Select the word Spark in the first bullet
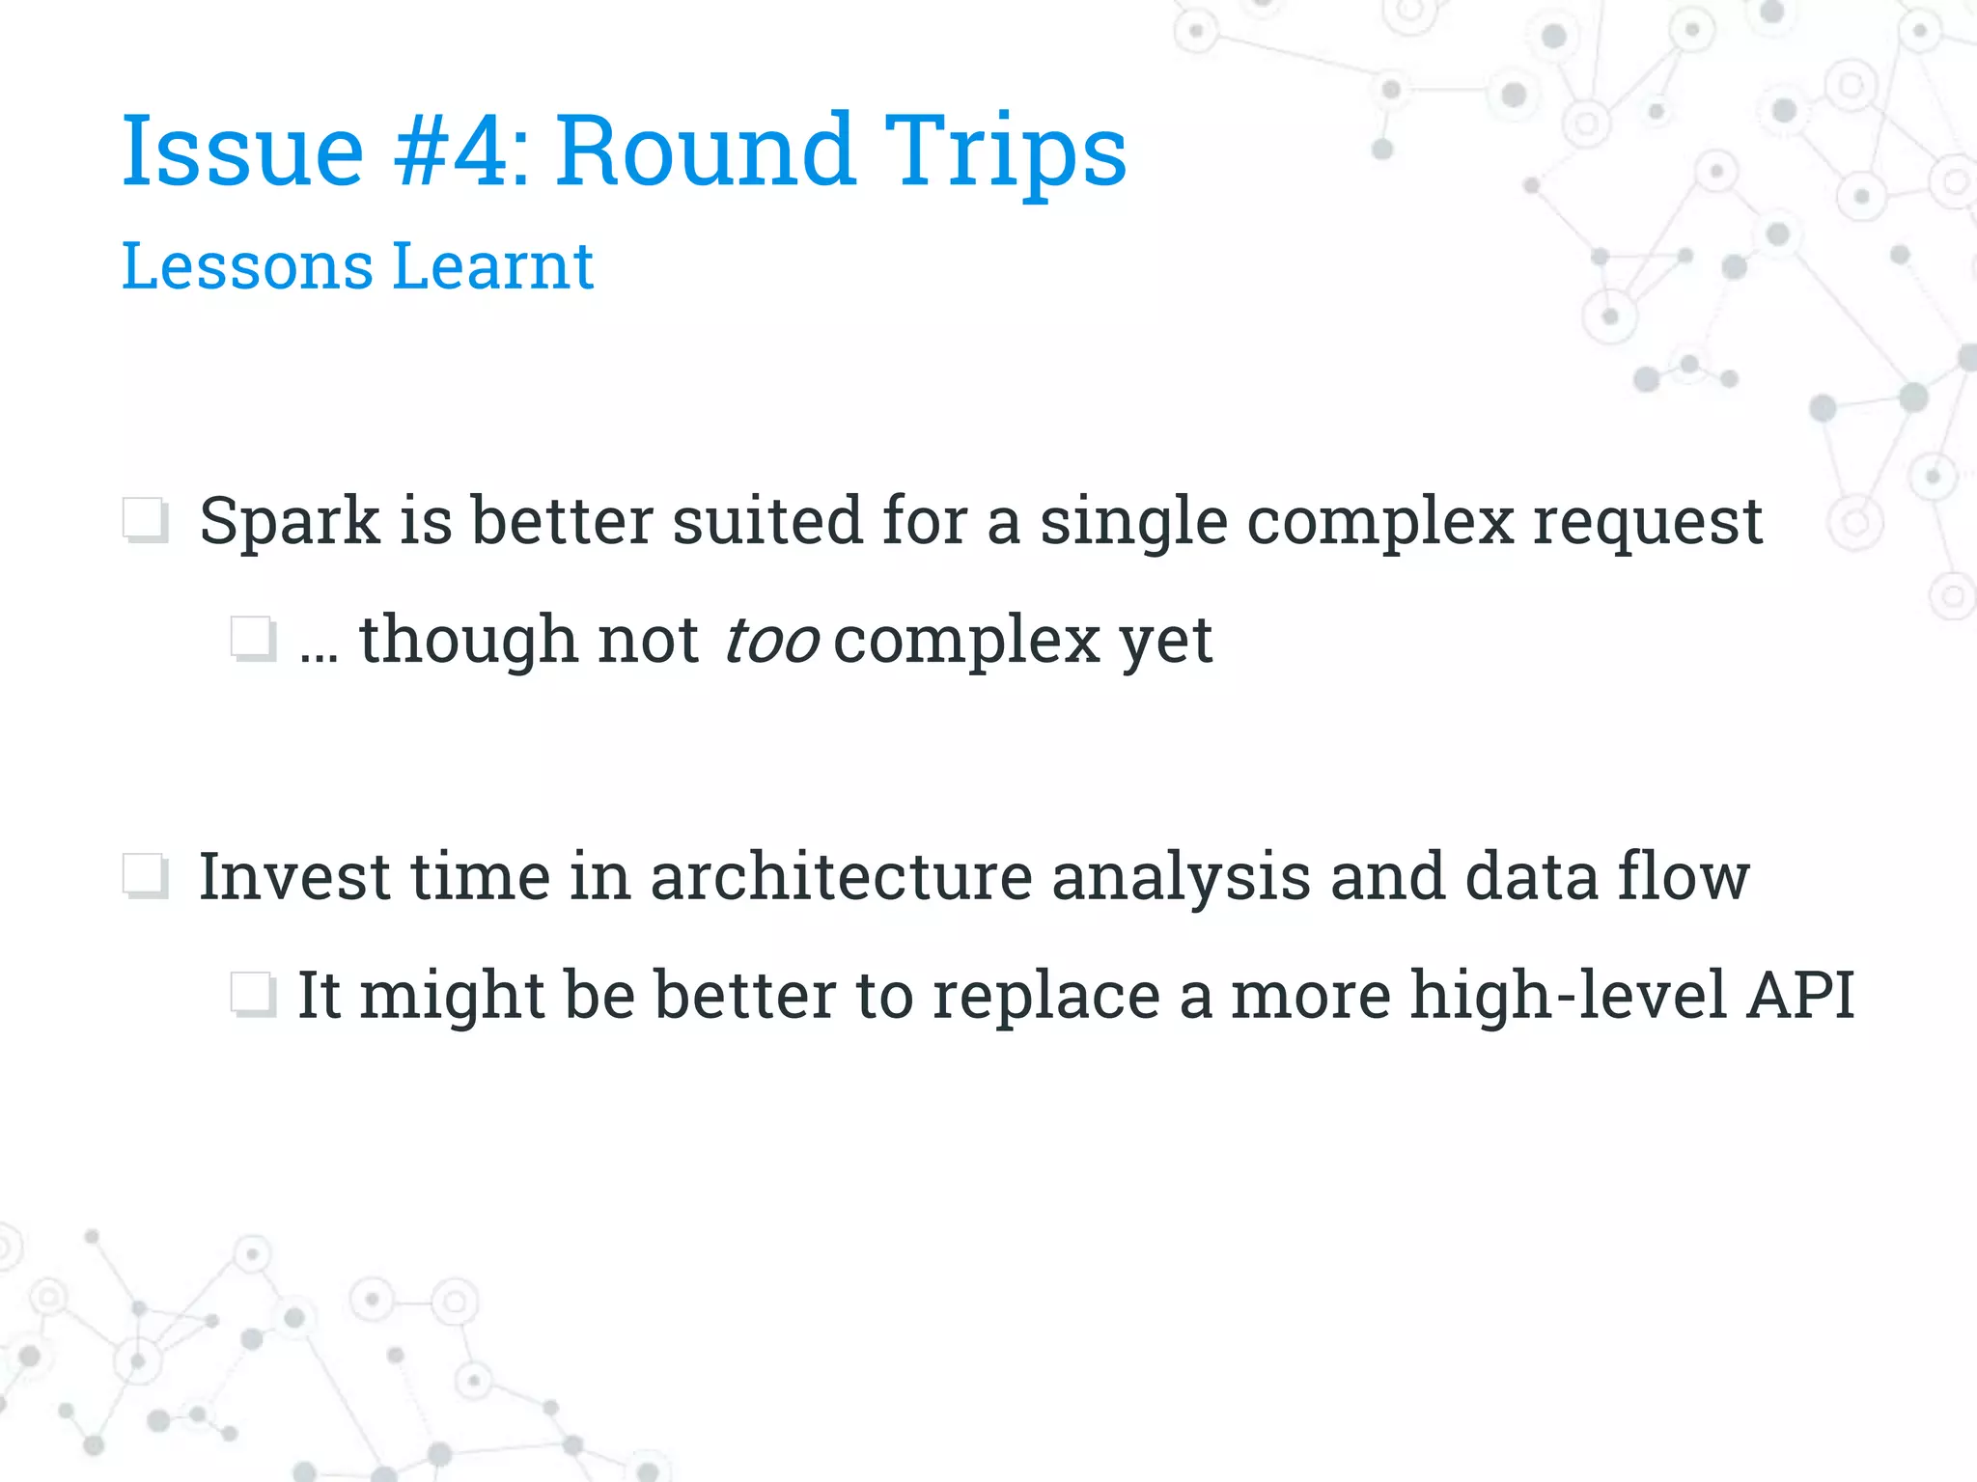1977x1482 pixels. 290,522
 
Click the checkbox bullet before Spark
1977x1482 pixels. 146,521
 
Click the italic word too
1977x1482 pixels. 771,641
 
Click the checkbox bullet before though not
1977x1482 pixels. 254,639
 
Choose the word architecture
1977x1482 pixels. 841,876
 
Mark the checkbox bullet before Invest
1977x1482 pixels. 146,876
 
